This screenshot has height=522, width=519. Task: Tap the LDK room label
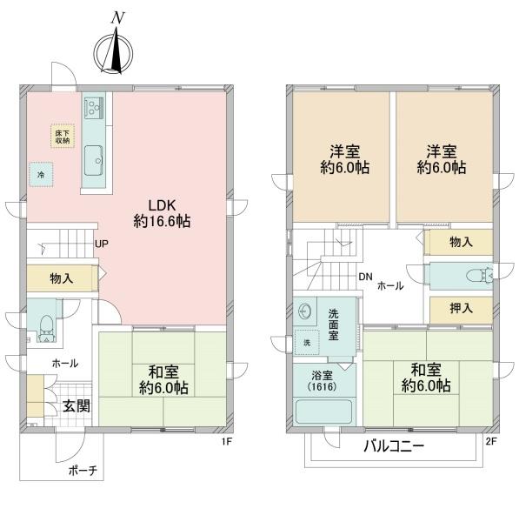[x=162, y=206]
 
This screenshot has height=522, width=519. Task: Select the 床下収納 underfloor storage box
[x=63, y=137]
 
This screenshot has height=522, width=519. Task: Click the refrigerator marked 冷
[x=41, y=175]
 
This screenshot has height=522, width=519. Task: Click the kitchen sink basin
[x=93, y=161]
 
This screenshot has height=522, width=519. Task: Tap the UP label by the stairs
[x=102, y=244]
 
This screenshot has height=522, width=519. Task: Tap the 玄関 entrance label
[x=77, y=406]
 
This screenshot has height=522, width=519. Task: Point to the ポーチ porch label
[x=83, y=471]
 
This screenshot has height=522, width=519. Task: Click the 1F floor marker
[x=227, y=441]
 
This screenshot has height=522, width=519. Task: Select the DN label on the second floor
[x=365, y=277]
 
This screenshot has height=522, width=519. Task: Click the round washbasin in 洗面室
[x=304, y=312]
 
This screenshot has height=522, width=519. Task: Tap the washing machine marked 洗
[x=307, y=342]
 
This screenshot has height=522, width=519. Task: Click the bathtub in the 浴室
[x=323, y=412]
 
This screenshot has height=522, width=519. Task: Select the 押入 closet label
[x=461, y=309]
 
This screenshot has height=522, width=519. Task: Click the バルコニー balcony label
[x=394, y=446]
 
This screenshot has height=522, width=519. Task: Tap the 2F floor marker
[x=491, y=441]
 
